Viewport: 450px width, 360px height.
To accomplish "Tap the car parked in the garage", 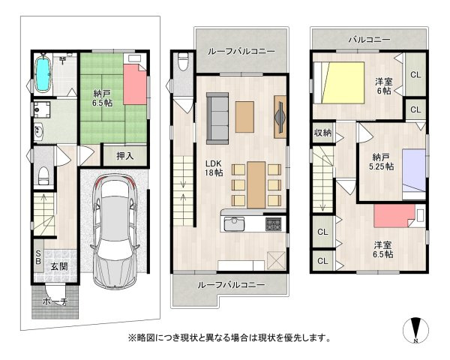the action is (x=115, y=232).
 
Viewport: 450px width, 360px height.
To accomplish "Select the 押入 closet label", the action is (x=125, y=156).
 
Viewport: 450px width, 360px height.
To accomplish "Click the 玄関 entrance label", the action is (x=59, y=266).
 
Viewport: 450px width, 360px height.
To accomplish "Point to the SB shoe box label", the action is (x=38, y=257).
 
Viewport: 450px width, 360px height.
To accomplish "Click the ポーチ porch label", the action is (x=55, y=301).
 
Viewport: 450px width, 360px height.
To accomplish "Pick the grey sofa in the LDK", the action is (x=217, y=118).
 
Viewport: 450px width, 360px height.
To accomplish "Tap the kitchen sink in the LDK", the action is (x=234, y=224).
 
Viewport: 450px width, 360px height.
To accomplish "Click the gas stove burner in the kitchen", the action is (x=274, y=224).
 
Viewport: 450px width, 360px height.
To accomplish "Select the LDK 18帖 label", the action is (x=214, y=168).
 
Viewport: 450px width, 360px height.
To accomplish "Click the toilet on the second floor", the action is (x=183, y=61).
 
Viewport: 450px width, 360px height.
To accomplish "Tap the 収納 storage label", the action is (x=322, y=133).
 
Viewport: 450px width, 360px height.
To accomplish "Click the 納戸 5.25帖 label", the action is (x=381, y=162).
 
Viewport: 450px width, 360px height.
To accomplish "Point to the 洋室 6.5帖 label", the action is (x=382, y=250).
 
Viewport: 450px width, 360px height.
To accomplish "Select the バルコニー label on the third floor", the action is (x=369, y=40).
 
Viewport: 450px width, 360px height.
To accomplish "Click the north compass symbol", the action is (x=415, y=331).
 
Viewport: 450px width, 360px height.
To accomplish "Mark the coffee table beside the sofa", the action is (x=244, y=117).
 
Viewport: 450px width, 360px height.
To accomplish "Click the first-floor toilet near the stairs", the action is (x=43, y=175).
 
